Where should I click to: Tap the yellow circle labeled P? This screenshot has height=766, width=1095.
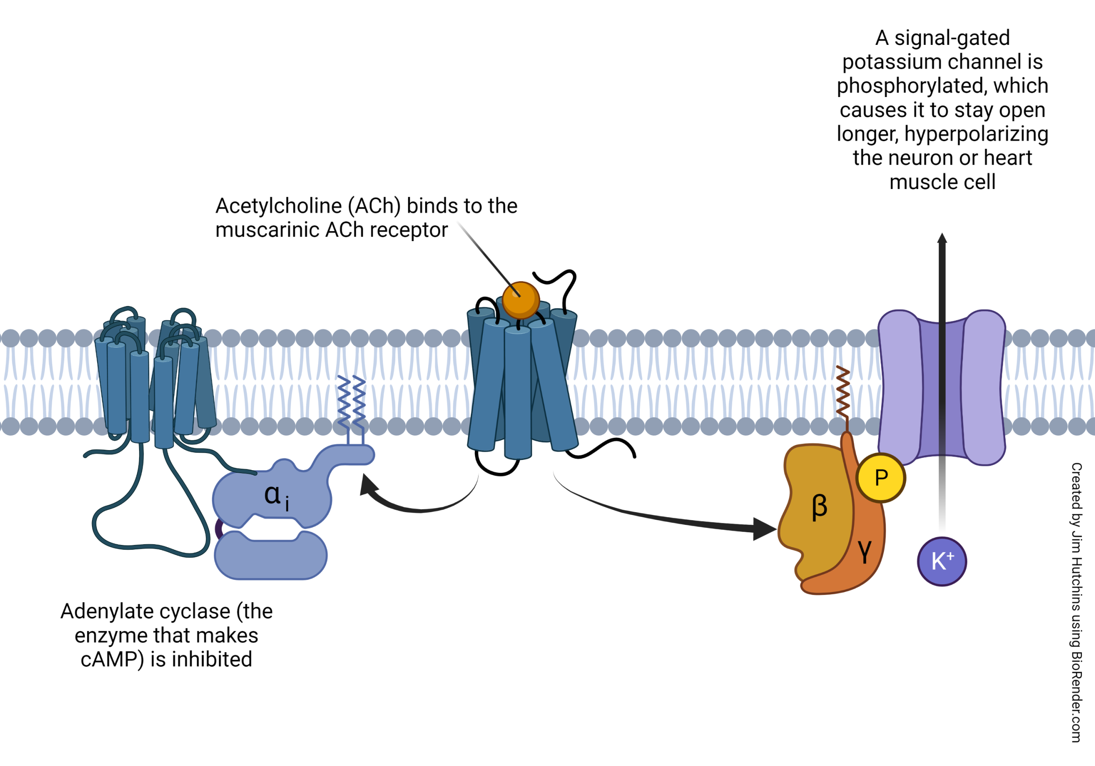click(x=880, y=477)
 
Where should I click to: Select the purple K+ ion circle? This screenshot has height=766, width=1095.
click(x=941, y=562)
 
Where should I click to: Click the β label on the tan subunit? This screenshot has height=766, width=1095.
click(x=820, y=506)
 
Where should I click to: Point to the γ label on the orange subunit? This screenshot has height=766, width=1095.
click(x=864, y=551)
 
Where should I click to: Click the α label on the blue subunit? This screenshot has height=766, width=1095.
click(x=272, y=494)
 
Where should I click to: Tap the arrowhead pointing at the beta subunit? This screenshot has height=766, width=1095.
click(x=764, y=529)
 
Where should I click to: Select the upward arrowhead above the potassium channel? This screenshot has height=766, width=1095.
click(x=942, y=239)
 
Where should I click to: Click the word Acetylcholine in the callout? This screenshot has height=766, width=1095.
click(x=278, y=206)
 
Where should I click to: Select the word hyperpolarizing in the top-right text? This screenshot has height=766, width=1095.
click(x=976, y=134)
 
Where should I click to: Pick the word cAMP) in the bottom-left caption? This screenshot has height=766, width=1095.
click(x=112, y=660)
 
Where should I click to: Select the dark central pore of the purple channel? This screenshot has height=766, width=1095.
click(x=942, y=389)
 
